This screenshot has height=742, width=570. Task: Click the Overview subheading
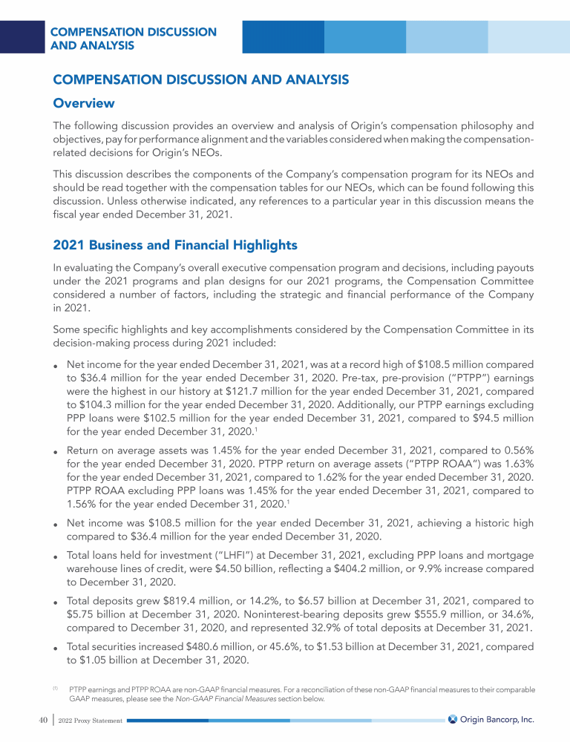[x=82, y=102]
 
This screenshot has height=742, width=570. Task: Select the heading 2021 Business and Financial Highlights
[x=174, y=245]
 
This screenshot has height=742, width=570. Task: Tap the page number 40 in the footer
[x=35, y=720]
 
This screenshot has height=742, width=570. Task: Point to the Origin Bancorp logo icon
[x=452, y=719]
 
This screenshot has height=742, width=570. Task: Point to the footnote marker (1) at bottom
[x=55, y=688]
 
